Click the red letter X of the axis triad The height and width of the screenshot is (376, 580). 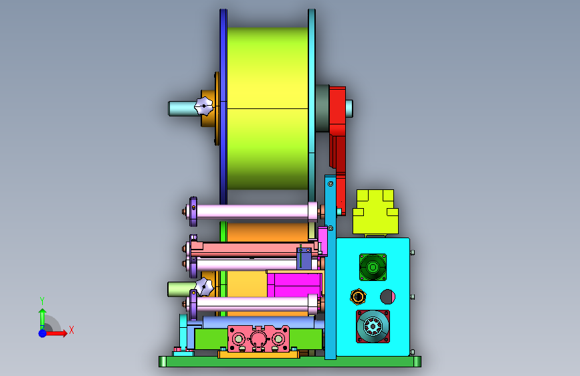point(72,330)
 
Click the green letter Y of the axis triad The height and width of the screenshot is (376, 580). point(42,301)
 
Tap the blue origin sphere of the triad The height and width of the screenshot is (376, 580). point(43,333)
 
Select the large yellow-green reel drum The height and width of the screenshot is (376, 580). point(268,108)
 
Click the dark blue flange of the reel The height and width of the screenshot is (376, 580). point(223,106)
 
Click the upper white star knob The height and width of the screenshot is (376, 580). point(204,106)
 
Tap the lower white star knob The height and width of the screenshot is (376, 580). point(204,287)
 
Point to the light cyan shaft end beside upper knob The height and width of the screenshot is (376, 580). point(182,108)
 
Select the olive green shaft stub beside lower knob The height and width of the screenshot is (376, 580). point(181,289)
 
